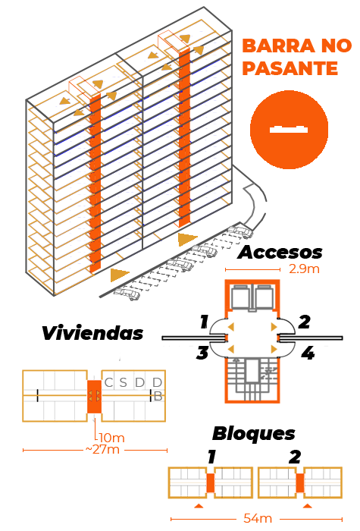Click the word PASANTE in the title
[x=290, y=68]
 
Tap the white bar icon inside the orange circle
[x=289, y=129]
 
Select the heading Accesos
[x=280, y=253]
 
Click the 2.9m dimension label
[x=304, y=269]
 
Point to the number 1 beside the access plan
[x=204, y=322]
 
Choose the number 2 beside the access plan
[x=304, y=322]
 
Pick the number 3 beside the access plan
[x=202, y=353]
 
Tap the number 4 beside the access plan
[x=308, y=353]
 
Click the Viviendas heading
[x=92, y=333]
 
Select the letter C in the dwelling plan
[x=108, y=382]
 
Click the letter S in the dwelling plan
[x=123, y=382]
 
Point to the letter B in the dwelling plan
[x=158, y=396]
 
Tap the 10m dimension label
[x=112, y=438]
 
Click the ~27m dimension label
[x=102, y=449]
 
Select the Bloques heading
[x=254, y=433]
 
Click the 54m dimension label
[x=258, y=518]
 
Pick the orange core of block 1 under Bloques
[x=211, y=483]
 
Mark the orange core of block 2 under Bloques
[x=300, y=483]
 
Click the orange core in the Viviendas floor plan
[x=94, y=397]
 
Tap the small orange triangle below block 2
[x=307, y=506]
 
